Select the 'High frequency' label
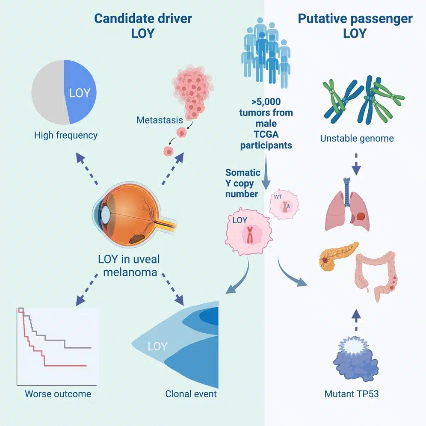(x=66, y=136)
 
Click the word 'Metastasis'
(x=160, y=120)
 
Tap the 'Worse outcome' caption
(x=58, y=393)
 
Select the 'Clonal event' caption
(x=191, y=393)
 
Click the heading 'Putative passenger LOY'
(x=355, y=26)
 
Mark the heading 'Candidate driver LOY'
(x=143, y=26)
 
